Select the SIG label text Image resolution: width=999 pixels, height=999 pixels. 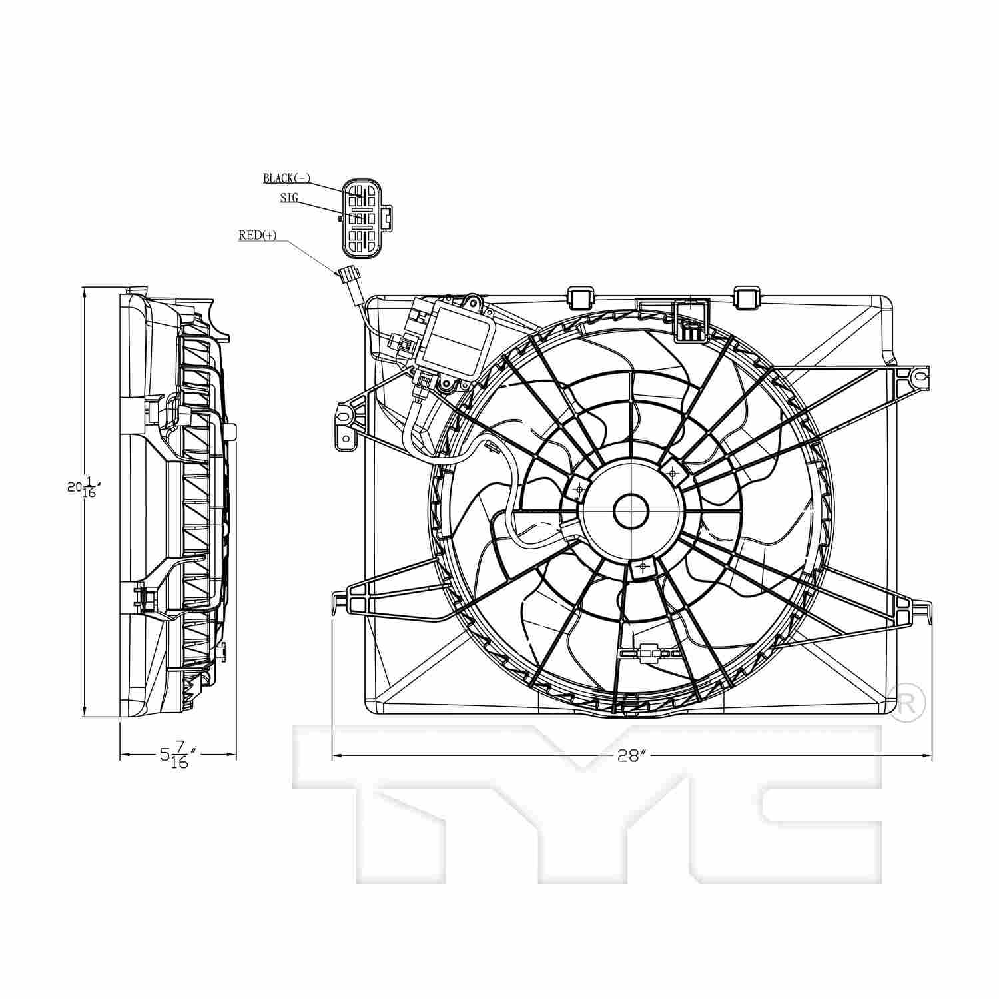point(289,197)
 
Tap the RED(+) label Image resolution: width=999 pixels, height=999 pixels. point(257,235)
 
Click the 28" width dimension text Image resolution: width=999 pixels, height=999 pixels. point(631,755)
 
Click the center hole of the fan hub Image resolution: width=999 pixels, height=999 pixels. point(630,511)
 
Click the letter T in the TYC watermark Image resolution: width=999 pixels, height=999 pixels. point(400,799)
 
